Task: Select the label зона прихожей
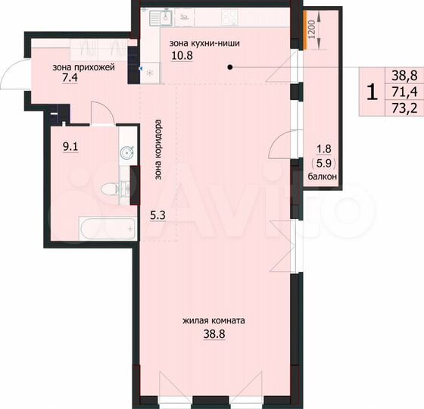coord(83,67)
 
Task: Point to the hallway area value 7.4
coord(70,79)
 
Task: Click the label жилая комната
coord(214,320)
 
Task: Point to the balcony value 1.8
coord(323,148)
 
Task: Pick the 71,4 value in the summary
coord(404,92)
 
